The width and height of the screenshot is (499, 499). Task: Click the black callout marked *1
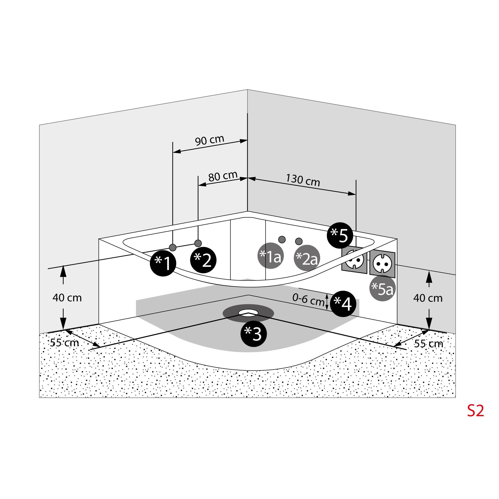(163, 263)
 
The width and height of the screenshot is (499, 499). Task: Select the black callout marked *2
(203, 260)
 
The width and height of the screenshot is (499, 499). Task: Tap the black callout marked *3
(253, 334)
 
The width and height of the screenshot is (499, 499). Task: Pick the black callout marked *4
(343, 304)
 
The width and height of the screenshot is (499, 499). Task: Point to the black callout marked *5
(340, 235)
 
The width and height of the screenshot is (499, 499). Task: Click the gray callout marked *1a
(271, 256)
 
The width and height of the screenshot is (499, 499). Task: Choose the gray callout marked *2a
(307, 258)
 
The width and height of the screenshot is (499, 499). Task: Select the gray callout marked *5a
(383, 288)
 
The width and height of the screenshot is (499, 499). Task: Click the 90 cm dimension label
(210, 140)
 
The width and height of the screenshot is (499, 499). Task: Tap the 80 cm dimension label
(223, 176)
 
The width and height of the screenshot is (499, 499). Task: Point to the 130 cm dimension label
(303, 180)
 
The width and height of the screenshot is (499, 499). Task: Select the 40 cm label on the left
(67, 298)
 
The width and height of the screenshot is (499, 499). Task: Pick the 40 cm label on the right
(428, 298)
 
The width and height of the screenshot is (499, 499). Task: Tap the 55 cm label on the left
(64, 343)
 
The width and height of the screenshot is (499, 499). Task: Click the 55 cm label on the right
(429, 344)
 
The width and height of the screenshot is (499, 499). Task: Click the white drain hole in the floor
(248, 312)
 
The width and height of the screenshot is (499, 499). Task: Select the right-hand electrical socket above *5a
(382, 263)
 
